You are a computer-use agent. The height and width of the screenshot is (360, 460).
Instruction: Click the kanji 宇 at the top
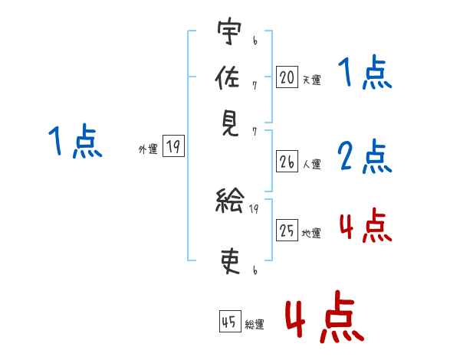[229, 33]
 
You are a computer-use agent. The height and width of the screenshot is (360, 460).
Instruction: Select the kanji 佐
[229, 78]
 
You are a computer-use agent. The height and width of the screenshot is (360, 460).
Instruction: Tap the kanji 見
[229, 123]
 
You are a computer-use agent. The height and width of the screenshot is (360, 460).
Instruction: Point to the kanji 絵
[229, 204]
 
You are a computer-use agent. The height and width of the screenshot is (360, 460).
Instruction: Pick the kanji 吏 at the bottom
[229, 261]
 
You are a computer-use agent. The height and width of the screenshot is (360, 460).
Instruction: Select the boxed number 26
[287, 162]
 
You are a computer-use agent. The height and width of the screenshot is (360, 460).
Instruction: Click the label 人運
[311, 164]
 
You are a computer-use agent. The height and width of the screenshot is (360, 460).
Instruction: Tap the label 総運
[255, 325]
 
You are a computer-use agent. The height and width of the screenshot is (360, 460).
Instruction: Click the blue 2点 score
[364, 156]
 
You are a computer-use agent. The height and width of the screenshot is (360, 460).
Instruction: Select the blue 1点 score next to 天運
[364, 74]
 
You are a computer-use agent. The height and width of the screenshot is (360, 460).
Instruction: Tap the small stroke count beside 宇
[255, 36]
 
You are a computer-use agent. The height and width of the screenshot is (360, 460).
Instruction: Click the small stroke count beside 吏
[255, 270]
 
